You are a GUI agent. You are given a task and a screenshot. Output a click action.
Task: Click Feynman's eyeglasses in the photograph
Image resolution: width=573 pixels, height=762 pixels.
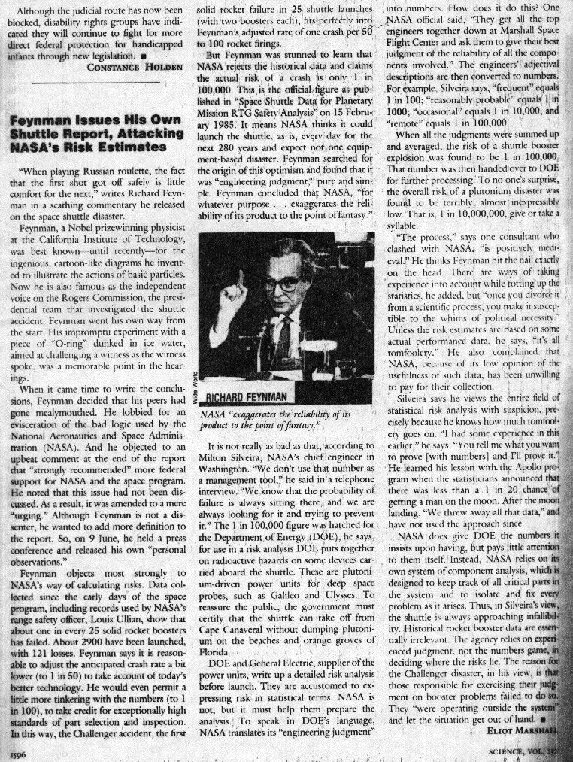[290, 284]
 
